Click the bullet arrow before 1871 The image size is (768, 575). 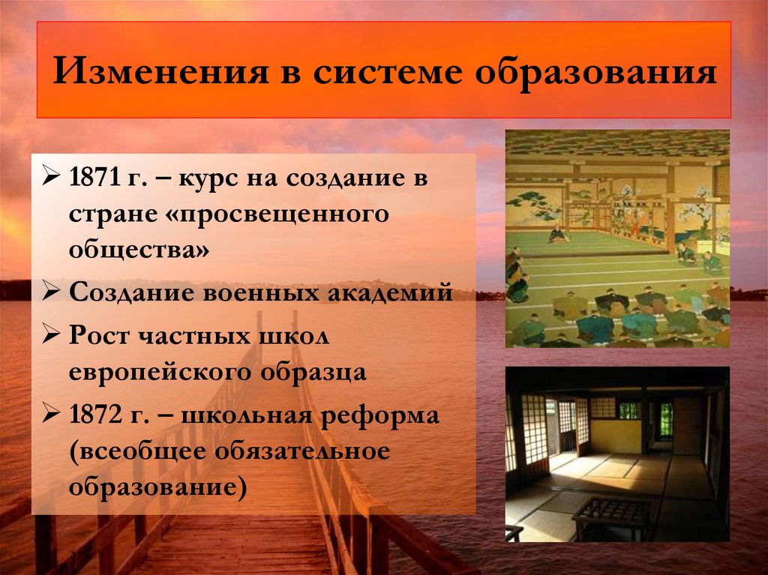click(52, 181)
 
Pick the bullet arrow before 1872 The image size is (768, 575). click(52, 414)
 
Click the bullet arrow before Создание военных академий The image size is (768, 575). click(52, 292)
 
